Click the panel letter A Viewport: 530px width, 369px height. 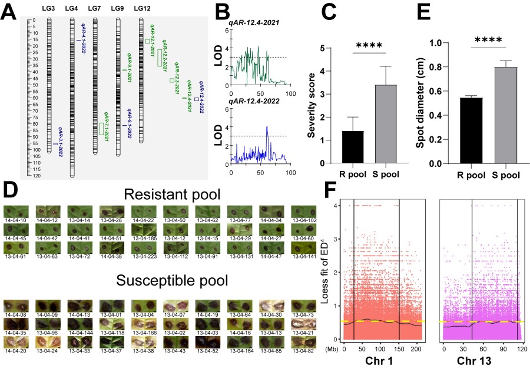[x=10, y=12]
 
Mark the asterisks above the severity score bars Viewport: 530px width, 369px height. [x=369, y=42]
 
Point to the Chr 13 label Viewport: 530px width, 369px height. [x=481, y=360]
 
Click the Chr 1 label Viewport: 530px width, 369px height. [x=380, y=360]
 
